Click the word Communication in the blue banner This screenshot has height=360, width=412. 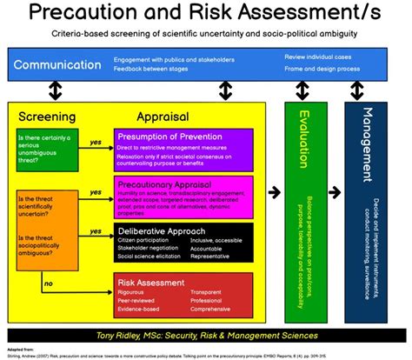57,64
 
